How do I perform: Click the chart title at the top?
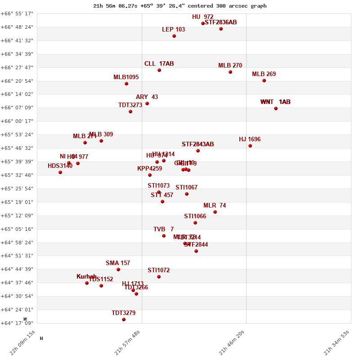coord(180,6)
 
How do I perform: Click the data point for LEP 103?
coord(174,36)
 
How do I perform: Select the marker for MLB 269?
coord(264,81)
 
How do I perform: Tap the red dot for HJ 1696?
coord(250,146)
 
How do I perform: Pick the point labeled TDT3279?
coord(124,319)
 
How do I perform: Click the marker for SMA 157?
coord(118,270)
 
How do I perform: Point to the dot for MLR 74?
coord(215,212)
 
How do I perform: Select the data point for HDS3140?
coord(60,172)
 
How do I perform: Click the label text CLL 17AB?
coord(159,64)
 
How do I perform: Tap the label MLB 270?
coord(230,66)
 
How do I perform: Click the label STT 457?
coord(162,195)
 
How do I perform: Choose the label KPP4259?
coord(149,169)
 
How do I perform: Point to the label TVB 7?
coord(163,229)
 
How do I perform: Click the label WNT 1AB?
coord(275,102)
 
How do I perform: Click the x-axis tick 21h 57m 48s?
coord(127,342)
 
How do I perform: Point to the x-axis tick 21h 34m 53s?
coord(337,342)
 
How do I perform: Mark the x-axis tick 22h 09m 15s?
coord(22,342)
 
